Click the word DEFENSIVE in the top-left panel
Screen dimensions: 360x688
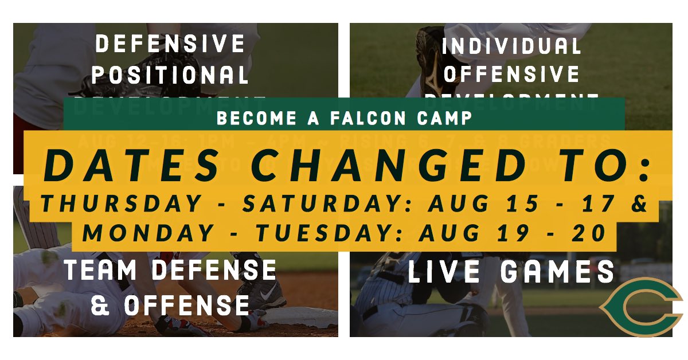point(170,44)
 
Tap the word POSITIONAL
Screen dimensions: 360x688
point(170,75)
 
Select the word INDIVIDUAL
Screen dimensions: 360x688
point(511,46)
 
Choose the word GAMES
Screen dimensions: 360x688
point(558,272)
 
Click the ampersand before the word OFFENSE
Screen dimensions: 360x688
point(101,305)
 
